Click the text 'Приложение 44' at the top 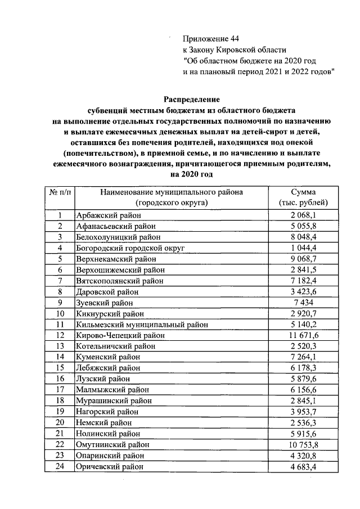211,38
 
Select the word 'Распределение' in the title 191,99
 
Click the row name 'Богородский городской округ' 130,247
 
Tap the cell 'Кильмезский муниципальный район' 141,325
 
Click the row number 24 59,466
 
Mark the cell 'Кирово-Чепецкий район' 120,335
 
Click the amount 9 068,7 303,259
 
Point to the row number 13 59,346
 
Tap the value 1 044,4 303,248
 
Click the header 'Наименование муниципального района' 172,192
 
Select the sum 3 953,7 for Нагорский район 303,412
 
